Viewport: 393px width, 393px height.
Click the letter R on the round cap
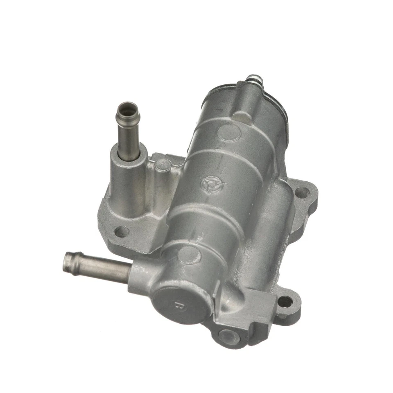click(177, 305)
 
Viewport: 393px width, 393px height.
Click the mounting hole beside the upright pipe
click(122, 232)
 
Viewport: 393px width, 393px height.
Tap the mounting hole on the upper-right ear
click(302, 192)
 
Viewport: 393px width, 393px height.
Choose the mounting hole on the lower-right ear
click(285, 302)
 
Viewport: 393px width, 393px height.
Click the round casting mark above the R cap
click(190, 255)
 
